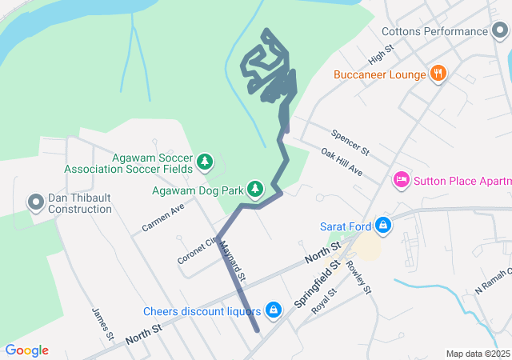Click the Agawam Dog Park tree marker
tap(254, 190)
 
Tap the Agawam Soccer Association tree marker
tap(205, 162)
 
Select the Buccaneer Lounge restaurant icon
tap(438, 74)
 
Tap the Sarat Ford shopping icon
tap(383, 226)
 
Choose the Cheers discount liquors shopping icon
tap(274, 310)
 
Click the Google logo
tap(26, 350)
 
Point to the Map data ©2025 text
tap(478, 354)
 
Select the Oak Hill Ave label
tap(342, 162)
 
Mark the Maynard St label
tap(231, 260)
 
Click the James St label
tap(99, 322)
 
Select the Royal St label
tap(324, 302)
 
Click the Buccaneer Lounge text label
tap(380, 74)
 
